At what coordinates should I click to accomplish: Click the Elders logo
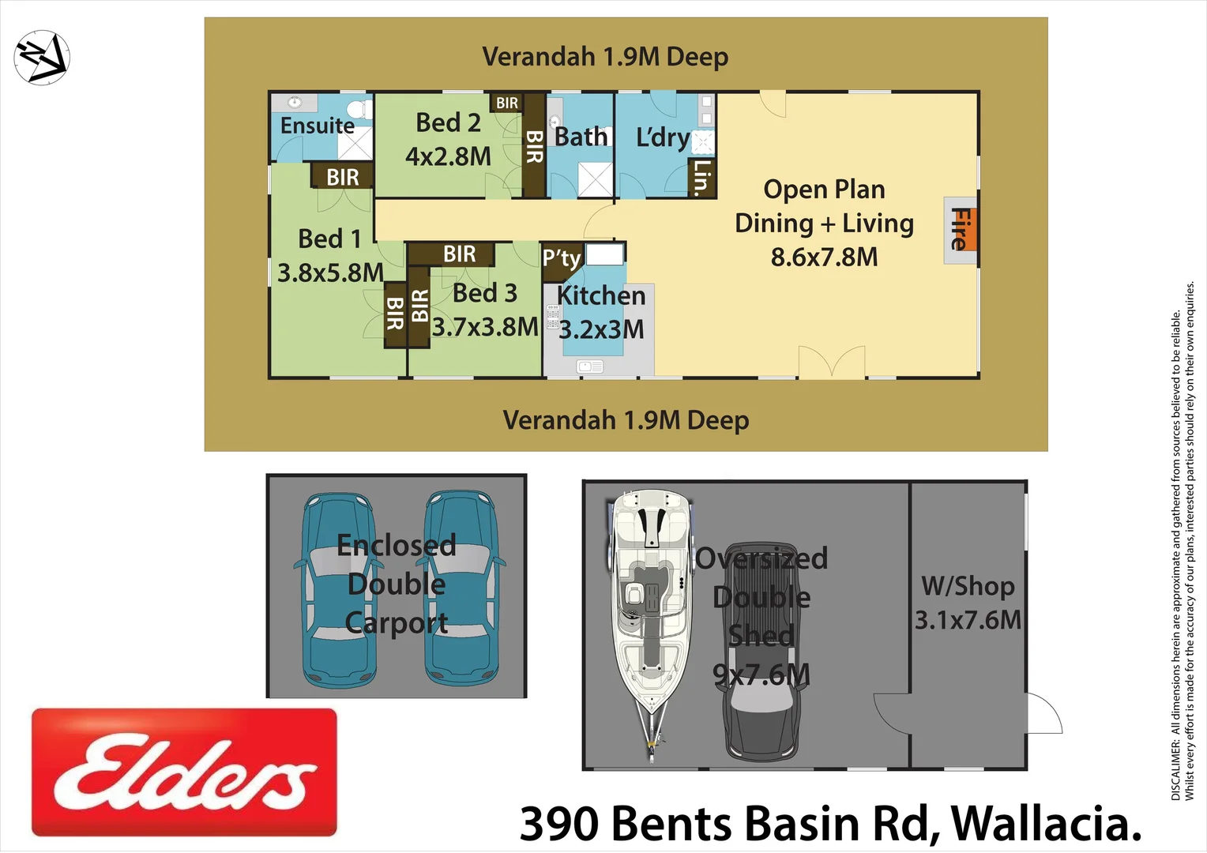point(184,772)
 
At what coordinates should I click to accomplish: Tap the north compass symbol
point(42,57)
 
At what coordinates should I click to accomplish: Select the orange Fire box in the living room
point(961,229)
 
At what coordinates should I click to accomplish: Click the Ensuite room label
point(318,126)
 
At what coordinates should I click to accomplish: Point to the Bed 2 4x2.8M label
point(448,140)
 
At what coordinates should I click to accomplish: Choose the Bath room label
point(581,137)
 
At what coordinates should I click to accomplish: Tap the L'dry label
point(663,137)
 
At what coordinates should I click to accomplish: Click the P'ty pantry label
point(562,258)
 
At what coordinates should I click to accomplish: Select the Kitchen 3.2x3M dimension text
point(601,329)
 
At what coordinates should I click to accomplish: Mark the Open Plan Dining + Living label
point(824,223)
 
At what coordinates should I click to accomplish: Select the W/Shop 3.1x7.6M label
point(968,603)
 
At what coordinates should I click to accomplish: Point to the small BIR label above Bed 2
point(507,103)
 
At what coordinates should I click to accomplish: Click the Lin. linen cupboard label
point(701,177)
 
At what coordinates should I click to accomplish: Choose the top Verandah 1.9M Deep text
point(605,57)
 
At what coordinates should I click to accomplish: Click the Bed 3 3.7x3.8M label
point(485,310)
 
